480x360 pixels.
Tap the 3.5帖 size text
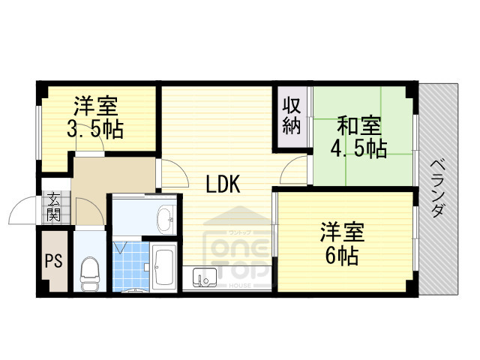click(x=95, y=128)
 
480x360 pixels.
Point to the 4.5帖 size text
click(x=359, y=148)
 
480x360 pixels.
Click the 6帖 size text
click(x=340, y=256)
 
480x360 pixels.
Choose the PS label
click(x=53, y=262)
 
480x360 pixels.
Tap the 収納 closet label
click(x=292, y=115)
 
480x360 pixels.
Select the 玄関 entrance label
click(x=54, y=206)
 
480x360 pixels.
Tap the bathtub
click(x=163, y=267)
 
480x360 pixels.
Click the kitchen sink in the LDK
click(x=204, y=278)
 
